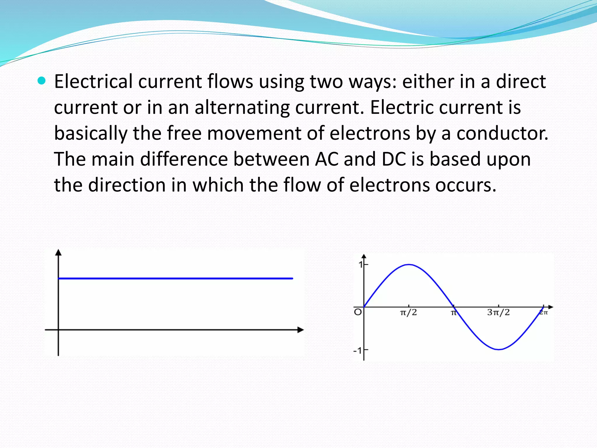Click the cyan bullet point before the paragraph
point(42,81)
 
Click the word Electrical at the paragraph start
point(93,81)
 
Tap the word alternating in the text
point(242,107)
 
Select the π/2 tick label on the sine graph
point(408,313)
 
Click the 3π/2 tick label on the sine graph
point(498,313)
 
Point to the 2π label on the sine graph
point(544,313)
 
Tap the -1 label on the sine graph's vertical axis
point(357,350)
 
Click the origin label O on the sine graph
point(358,312)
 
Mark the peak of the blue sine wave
point(409,265)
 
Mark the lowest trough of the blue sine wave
point(499,349)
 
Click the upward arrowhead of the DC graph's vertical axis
point(58,253)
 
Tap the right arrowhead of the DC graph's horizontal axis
point(301,330)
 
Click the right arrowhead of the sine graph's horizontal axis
point(550,307)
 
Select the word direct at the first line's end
point(521,81)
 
